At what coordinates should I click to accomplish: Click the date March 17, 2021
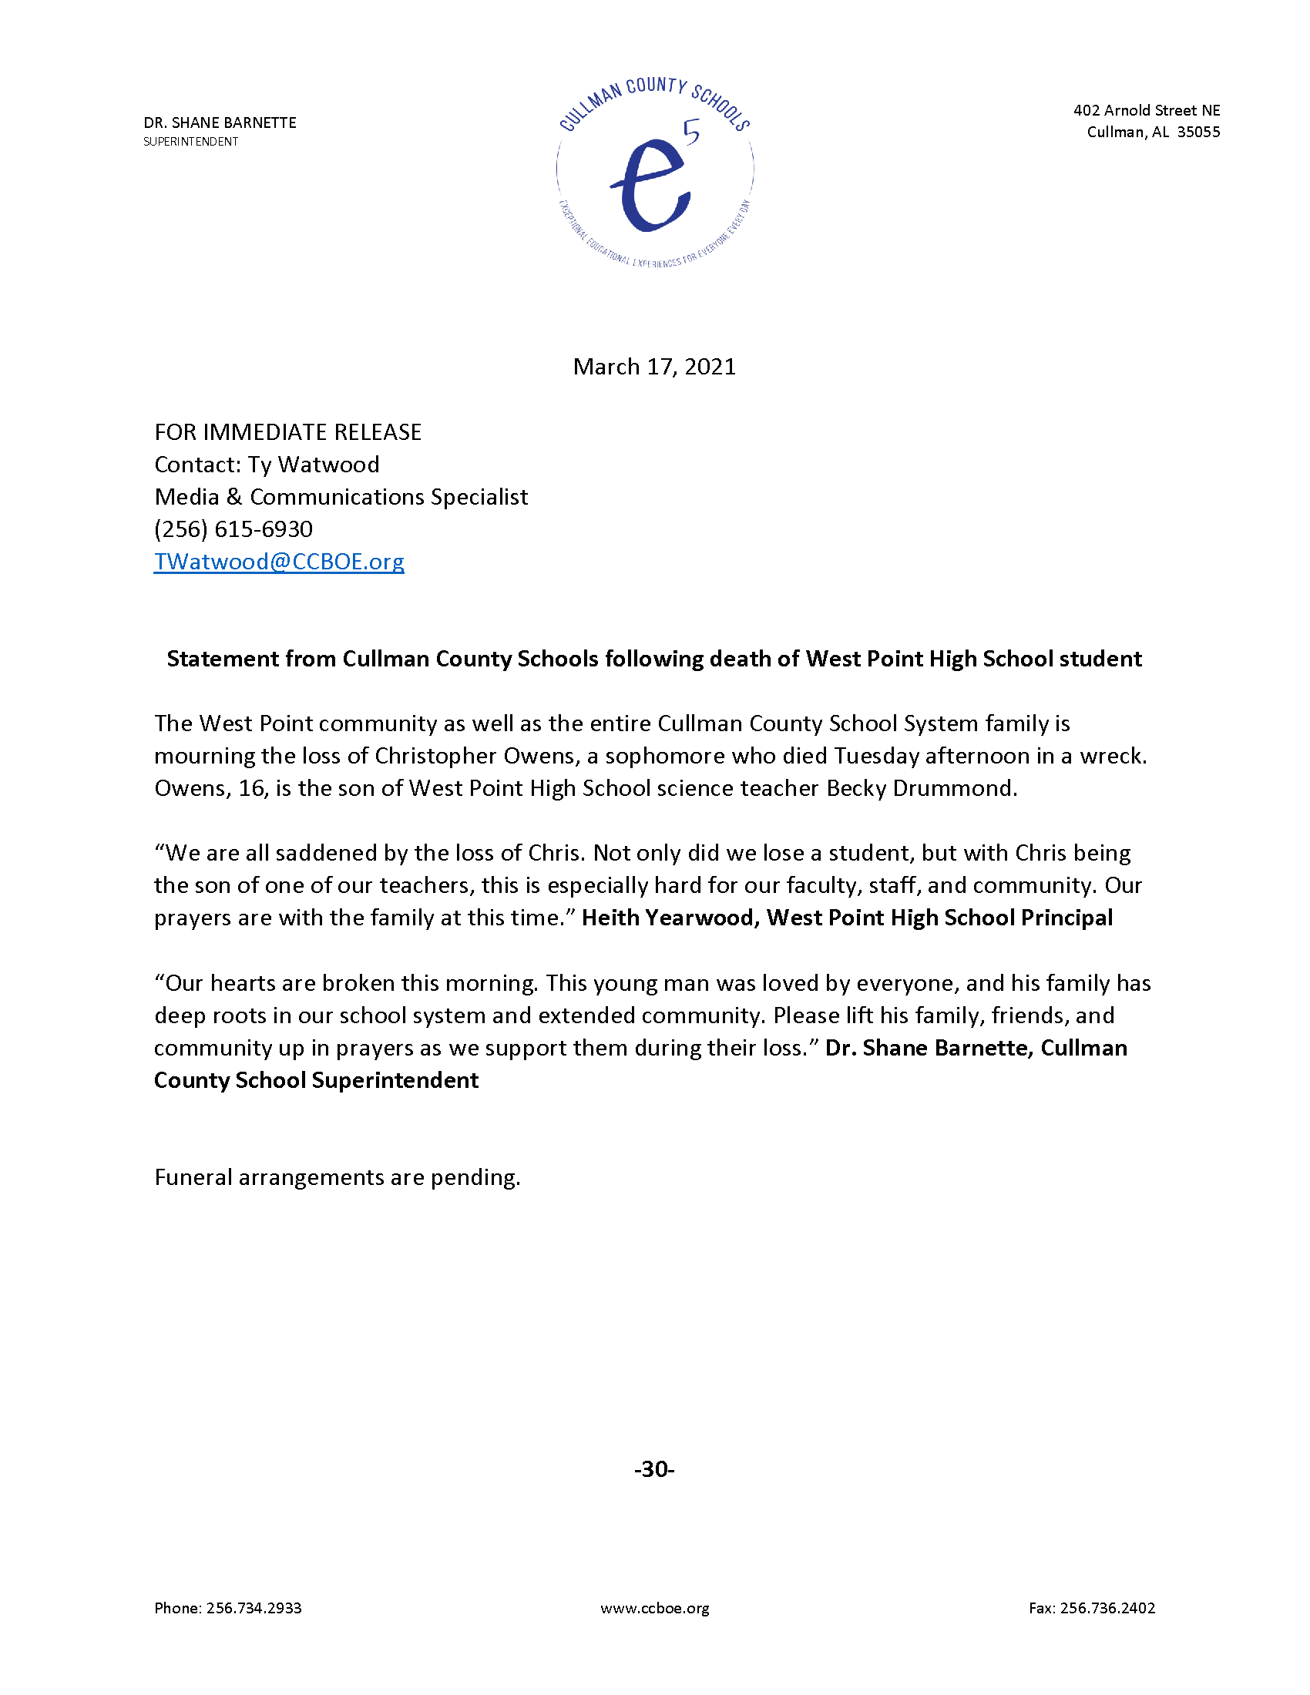(654, 366)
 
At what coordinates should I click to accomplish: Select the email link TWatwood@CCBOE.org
(279, 561)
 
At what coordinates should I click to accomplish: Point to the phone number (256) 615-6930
(233, 529)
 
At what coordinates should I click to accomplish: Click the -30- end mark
(654, 1469)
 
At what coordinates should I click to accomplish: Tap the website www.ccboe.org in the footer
(654, 1608)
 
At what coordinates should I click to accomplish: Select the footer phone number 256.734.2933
(254, 1608)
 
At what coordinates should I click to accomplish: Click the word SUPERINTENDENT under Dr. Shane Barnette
(191, 141)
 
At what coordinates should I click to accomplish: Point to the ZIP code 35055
(1198, 132)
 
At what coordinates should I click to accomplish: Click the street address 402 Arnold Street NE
(1147, 110)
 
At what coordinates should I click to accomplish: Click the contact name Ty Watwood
(314, 465)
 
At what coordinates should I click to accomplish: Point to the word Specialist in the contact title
(479, 497)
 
